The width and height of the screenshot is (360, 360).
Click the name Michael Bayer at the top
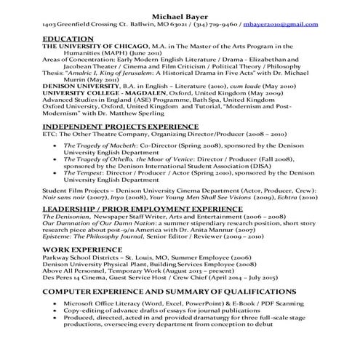click(x=179, y=15)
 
